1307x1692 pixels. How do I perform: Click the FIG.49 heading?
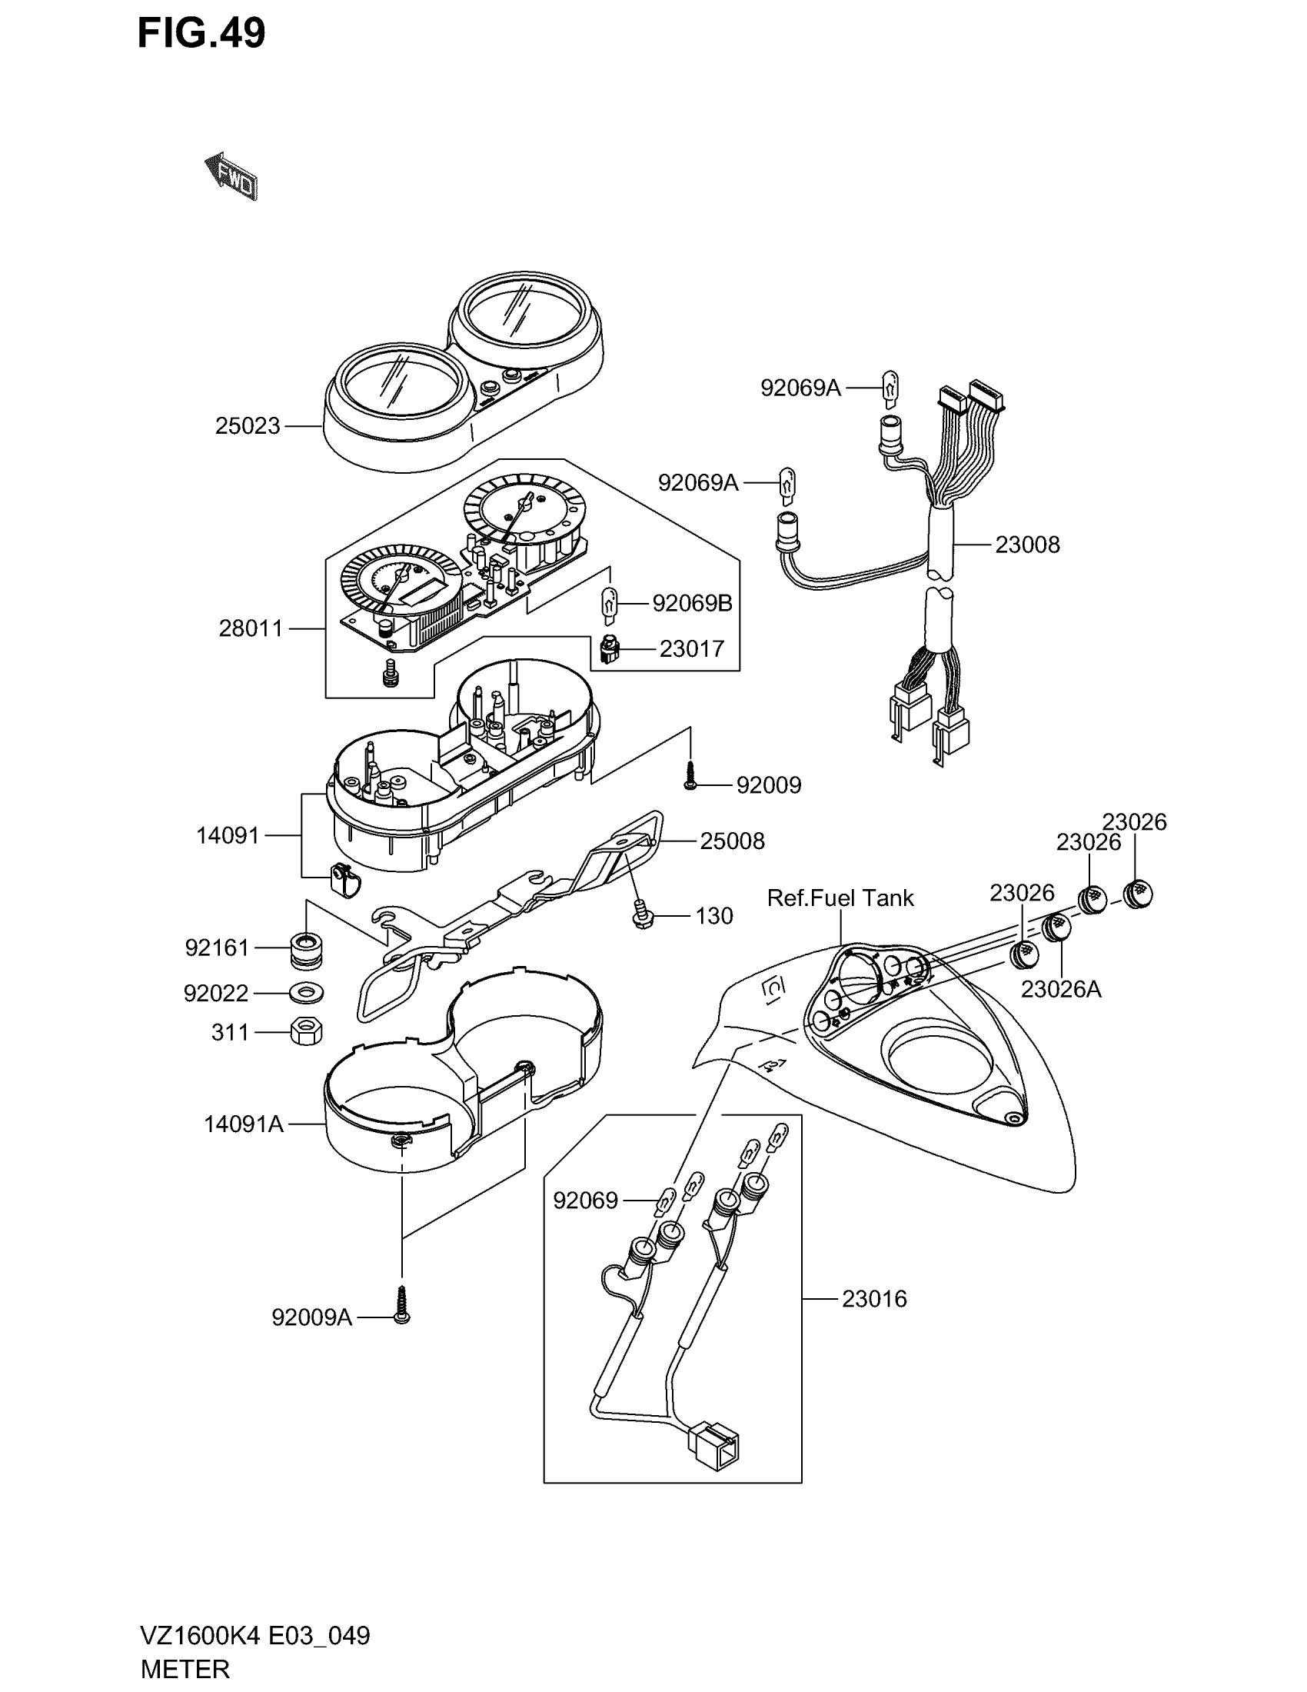201,33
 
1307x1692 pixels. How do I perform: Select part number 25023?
247,426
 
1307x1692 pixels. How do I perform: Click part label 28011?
251,628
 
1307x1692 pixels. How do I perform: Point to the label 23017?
691,648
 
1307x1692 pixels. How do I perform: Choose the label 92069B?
691,603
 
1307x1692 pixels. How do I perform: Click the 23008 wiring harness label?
1026,545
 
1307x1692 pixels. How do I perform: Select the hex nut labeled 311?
306,1031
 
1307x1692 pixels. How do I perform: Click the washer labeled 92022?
306,992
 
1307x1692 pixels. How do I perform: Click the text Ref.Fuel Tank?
840,898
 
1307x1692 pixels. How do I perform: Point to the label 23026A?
1060,989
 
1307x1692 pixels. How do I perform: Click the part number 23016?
873,1298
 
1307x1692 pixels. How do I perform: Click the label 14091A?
243,1124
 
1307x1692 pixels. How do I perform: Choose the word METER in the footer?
185,1669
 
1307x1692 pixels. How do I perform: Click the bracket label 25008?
732,841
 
